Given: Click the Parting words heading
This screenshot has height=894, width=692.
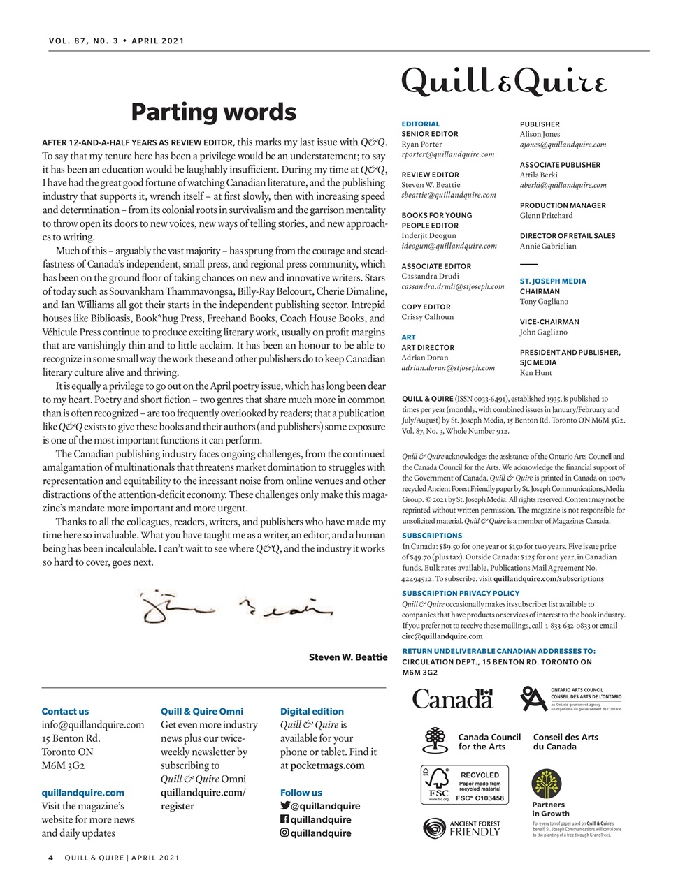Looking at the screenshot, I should tap(213, 112).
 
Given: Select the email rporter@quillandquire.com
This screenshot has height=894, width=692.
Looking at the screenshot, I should tap(447, 154).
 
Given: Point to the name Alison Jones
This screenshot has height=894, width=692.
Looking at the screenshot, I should tap(540, 134).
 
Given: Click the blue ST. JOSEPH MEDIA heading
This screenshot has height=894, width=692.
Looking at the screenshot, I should tap(553, 281).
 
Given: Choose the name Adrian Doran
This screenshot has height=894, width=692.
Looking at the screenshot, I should tap(424, 358).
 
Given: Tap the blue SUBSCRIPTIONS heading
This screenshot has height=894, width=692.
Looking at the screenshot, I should tap(432, 536).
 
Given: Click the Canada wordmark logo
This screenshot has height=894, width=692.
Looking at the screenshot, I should tap(452, 698).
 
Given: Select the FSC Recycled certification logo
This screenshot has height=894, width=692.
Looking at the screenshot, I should tap(464, 785).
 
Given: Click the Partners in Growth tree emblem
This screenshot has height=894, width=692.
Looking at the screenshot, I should tap(546, 784).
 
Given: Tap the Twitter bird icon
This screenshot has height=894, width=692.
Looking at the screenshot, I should tap(284, 806).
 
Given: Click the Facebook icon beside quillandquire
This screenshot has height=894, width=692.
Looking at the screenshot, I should tap(284, 819).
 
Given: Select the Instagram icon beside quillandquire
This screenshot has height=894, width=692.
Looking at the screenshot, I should tap(284, 833).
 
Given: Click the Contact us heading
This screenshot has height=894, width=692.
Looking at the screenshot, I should tap(65, 711).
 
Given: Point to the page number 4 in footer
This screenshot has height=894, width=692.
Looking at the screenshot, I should tap(51, 858).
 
